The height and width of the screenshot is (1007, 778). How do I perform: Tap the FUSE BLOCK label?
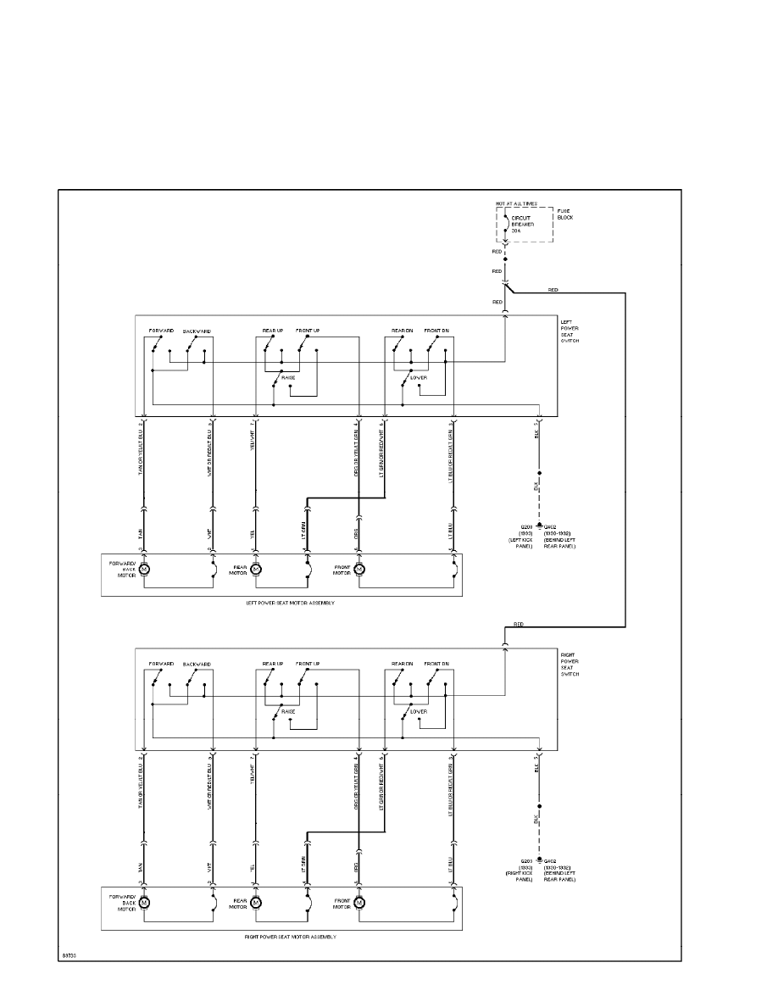pos(565,214)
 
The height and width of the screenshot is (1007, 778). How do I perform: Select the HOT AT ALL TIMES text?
pos(516,204)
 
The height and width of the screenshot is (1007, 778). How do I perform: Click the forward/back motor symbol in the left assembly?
pos(144,569)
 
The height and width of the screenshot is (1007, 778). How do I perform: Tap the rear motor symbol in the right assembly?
pos(257,903)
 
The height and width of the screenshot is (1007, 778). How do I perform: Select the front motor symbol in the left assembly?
pos(358,569)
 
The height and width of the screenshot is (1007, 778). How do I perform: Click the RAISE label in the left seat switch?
pos(288,378)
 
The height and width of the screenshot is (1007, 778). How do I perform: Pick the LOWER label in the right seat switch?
pos(417,711)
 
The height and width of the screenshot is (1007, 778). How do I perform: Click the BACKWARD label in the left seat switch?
pos(197,331)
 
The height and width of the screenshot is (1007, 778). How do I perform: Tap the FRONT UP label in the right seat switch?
pos(308,664)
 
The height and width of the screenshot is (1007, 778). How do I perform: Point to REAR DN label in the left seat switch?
pos(402,331)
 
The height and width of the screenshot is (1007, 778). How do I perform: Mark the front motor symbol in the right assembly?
pos(358,903)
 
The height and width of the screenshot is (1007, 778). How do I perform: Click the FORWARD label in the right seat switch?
pos(161,664)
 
